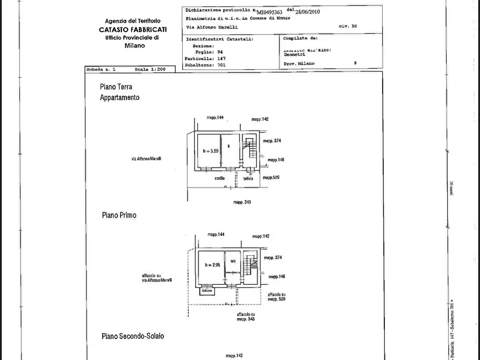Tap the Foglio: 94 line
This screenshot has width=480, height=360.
[202, 53]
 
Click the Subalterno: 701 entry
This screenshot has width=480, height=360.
[206, 65]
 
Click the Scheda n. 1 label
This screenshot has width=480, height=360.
[101, 70]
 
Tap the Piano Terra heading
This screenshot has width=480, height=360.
[116, 87]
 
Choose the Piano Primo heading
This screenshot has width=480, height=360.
[119, 215]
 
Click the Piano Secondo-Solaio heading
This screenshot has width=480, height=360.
[133, 336]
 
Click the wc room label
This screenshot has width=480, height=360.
[233, 262]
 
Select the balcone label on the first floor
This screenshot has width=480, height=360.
[207, 291]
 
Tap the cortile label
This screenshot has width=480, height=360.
[219, 178]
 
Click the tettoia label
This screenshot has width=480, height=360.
[247, 178]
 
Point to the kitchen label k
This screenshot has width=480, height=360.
[228, 146]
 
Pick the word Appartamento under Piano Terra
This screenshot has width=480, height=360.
[119, 98]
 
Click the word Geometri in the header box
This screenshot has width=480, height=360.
[294, 54]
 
